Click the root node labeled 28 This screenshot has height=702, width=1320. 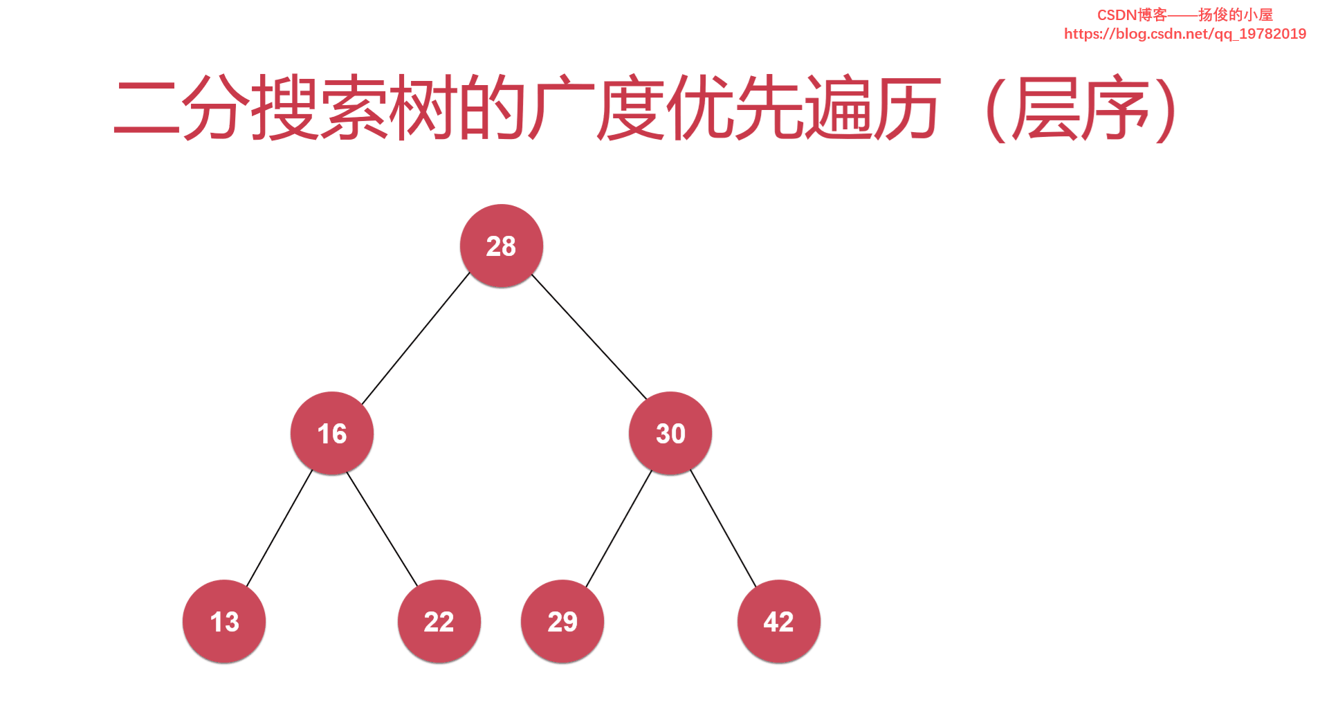[501, 246]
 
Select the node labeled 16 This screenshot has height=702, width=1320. [331, 434]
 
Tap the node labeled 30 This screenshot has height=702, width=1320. [670, 434]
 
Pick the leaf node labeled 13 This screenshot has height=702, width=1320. [224, 621]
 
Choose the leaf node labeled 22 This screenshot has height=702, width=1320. [439, 621]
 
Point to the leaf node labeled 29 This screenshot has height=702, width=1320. [562, 621]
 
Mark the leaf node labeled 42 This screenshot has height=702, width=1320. [778, 621]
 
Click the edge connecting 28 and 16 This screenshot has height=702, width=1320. [415, 339]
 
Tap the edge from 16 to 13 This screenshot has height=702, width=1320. [279, 528]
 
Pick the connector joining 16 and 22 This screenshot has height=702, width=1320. [383, 528]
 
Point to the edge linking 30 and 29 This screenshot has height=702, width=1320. [618, 528]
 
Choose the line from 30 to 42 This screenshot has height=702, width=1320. [723, 528]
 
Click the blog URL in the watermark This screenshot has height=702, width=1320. [1184, 34]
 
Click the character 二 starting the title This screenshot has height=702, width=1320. [146, 107]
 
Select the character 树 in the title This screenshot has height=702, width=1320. [422, 107]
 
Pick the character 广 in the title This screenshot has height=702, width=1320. [560, 107]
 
